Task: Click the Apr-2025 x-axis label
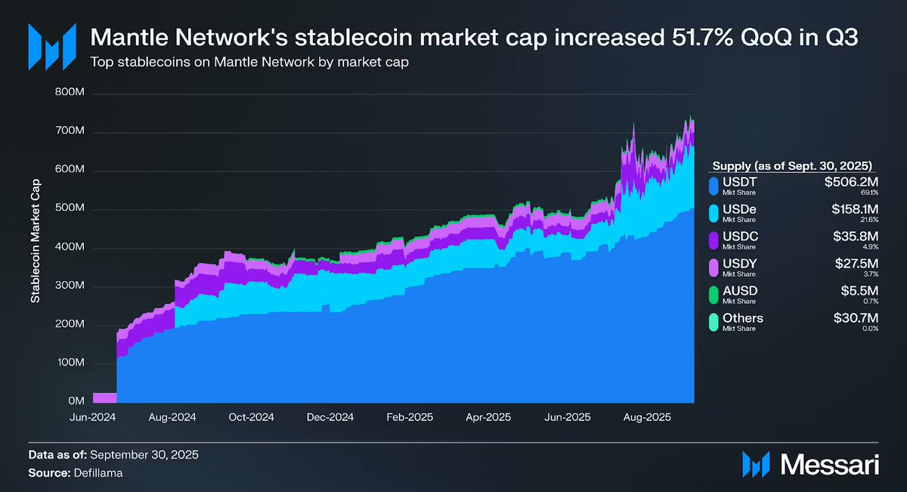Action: coord(488,417)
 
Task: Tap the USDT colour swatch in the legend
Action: coord(714,186)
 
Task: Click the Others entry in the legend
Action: coord(743,318)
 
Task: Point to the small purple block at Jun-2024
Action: coord(104,398)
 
